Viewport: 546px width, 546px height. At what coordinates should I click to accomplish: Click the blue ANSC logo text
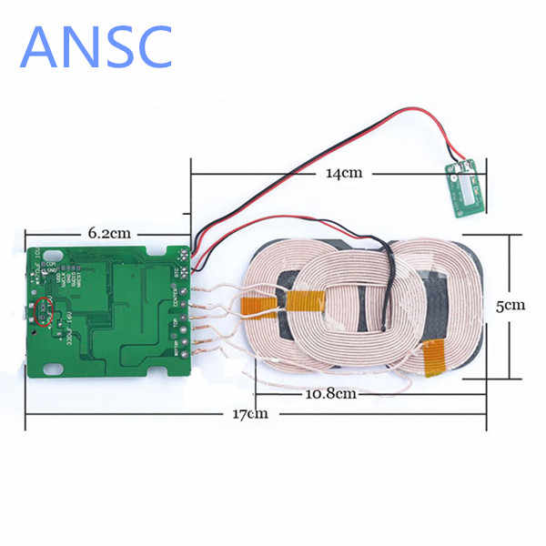pos(96,44)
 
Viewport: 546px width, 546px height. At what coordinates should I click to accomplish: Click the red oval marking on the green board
pos(42,311)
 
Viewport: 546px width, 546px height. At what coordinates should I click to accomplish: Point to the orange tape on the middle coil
pos(306,298)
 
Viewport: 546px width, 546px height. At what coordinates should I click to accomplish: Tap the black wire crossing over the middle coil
pos(388,291)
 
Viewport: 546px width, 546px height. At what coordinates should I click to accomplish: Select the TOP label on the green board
pos(176,324)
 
